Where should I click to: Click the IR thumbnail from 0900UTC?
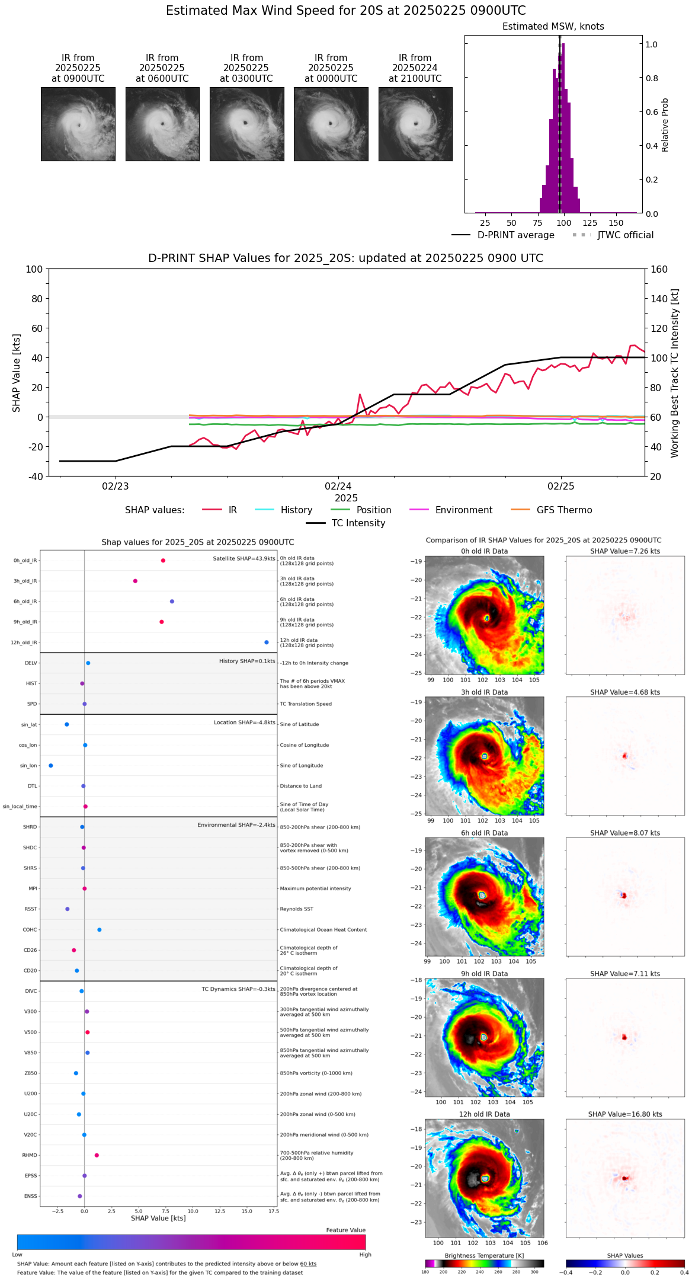[x=78, y=124]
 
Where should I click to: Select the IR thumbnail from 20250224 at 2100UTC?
[x=415, y=124]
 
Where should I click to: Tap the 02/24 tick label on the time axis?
[x=338, y=486]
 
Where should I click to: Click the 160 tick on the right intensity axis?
[x=659, y=269]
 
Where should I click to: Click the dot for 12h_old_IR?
[x=267, y=642]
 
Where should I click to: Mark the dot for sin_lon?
[x=51, y=766]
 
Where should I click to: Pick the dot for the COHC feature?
[x=100, y=930]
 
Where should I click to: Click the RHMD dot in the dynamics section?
[x=97, y=1155]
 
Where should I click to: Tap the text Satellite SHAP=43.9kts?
[x=244, y=559]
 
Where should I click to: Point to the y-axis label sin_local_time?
[x=20, y=807]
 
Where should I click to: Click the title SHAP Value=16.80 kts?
[x=625, y=1114]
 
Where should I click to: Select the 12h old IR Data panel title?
[x=484, y=1114]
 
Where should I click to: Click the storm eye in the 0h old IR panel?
[x=487, y=618]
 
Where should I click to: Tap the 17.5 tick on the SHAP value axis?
[x=273, y=1211]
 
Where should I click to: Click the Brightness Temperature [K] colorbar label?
[x=484, y=1256]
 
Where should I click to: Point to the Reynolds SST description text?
[x=297, y=909]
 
